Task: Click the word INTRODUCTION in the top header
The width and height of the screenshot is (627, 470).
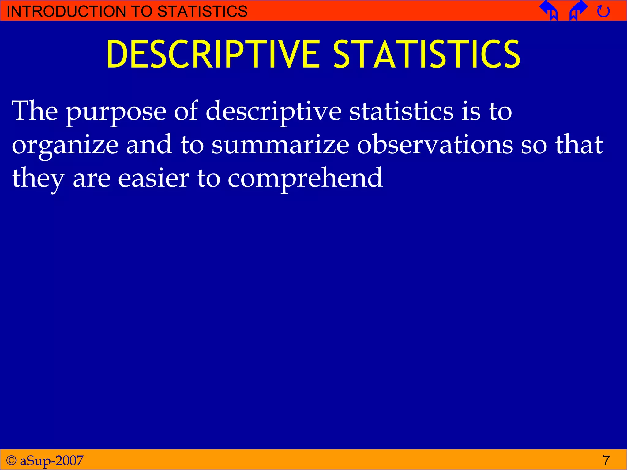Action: pyautogui.click(x=66, y=11)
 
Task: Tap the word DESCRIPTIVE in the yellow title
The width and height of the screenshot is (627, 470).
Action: pyautogui.click(x=213, y=54)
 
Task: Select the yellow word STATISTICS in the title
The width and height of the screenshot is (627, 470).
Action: pyautogui.click(x=427, y=54)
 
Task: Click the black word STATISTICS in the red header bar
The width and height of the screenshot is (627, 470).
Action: pyautogui.click(x=202, y=11)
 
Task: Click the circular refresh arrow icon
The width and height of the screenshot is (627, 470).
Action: pyautogui.click(x=603, y=12)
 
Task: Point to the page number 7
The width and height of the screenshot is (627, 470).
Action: pyautogui.click(x=606, y=460)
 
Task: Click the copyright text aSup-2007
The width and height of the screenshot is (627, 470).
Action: pyautogui.click(x=51, y=460)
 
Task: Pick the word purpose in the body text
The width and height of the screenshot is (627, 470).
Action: pyautogui.click(x=116, y=112)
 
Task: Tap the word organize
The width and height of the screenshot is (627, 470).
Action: pyautogui.click(x=65, y=146)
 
